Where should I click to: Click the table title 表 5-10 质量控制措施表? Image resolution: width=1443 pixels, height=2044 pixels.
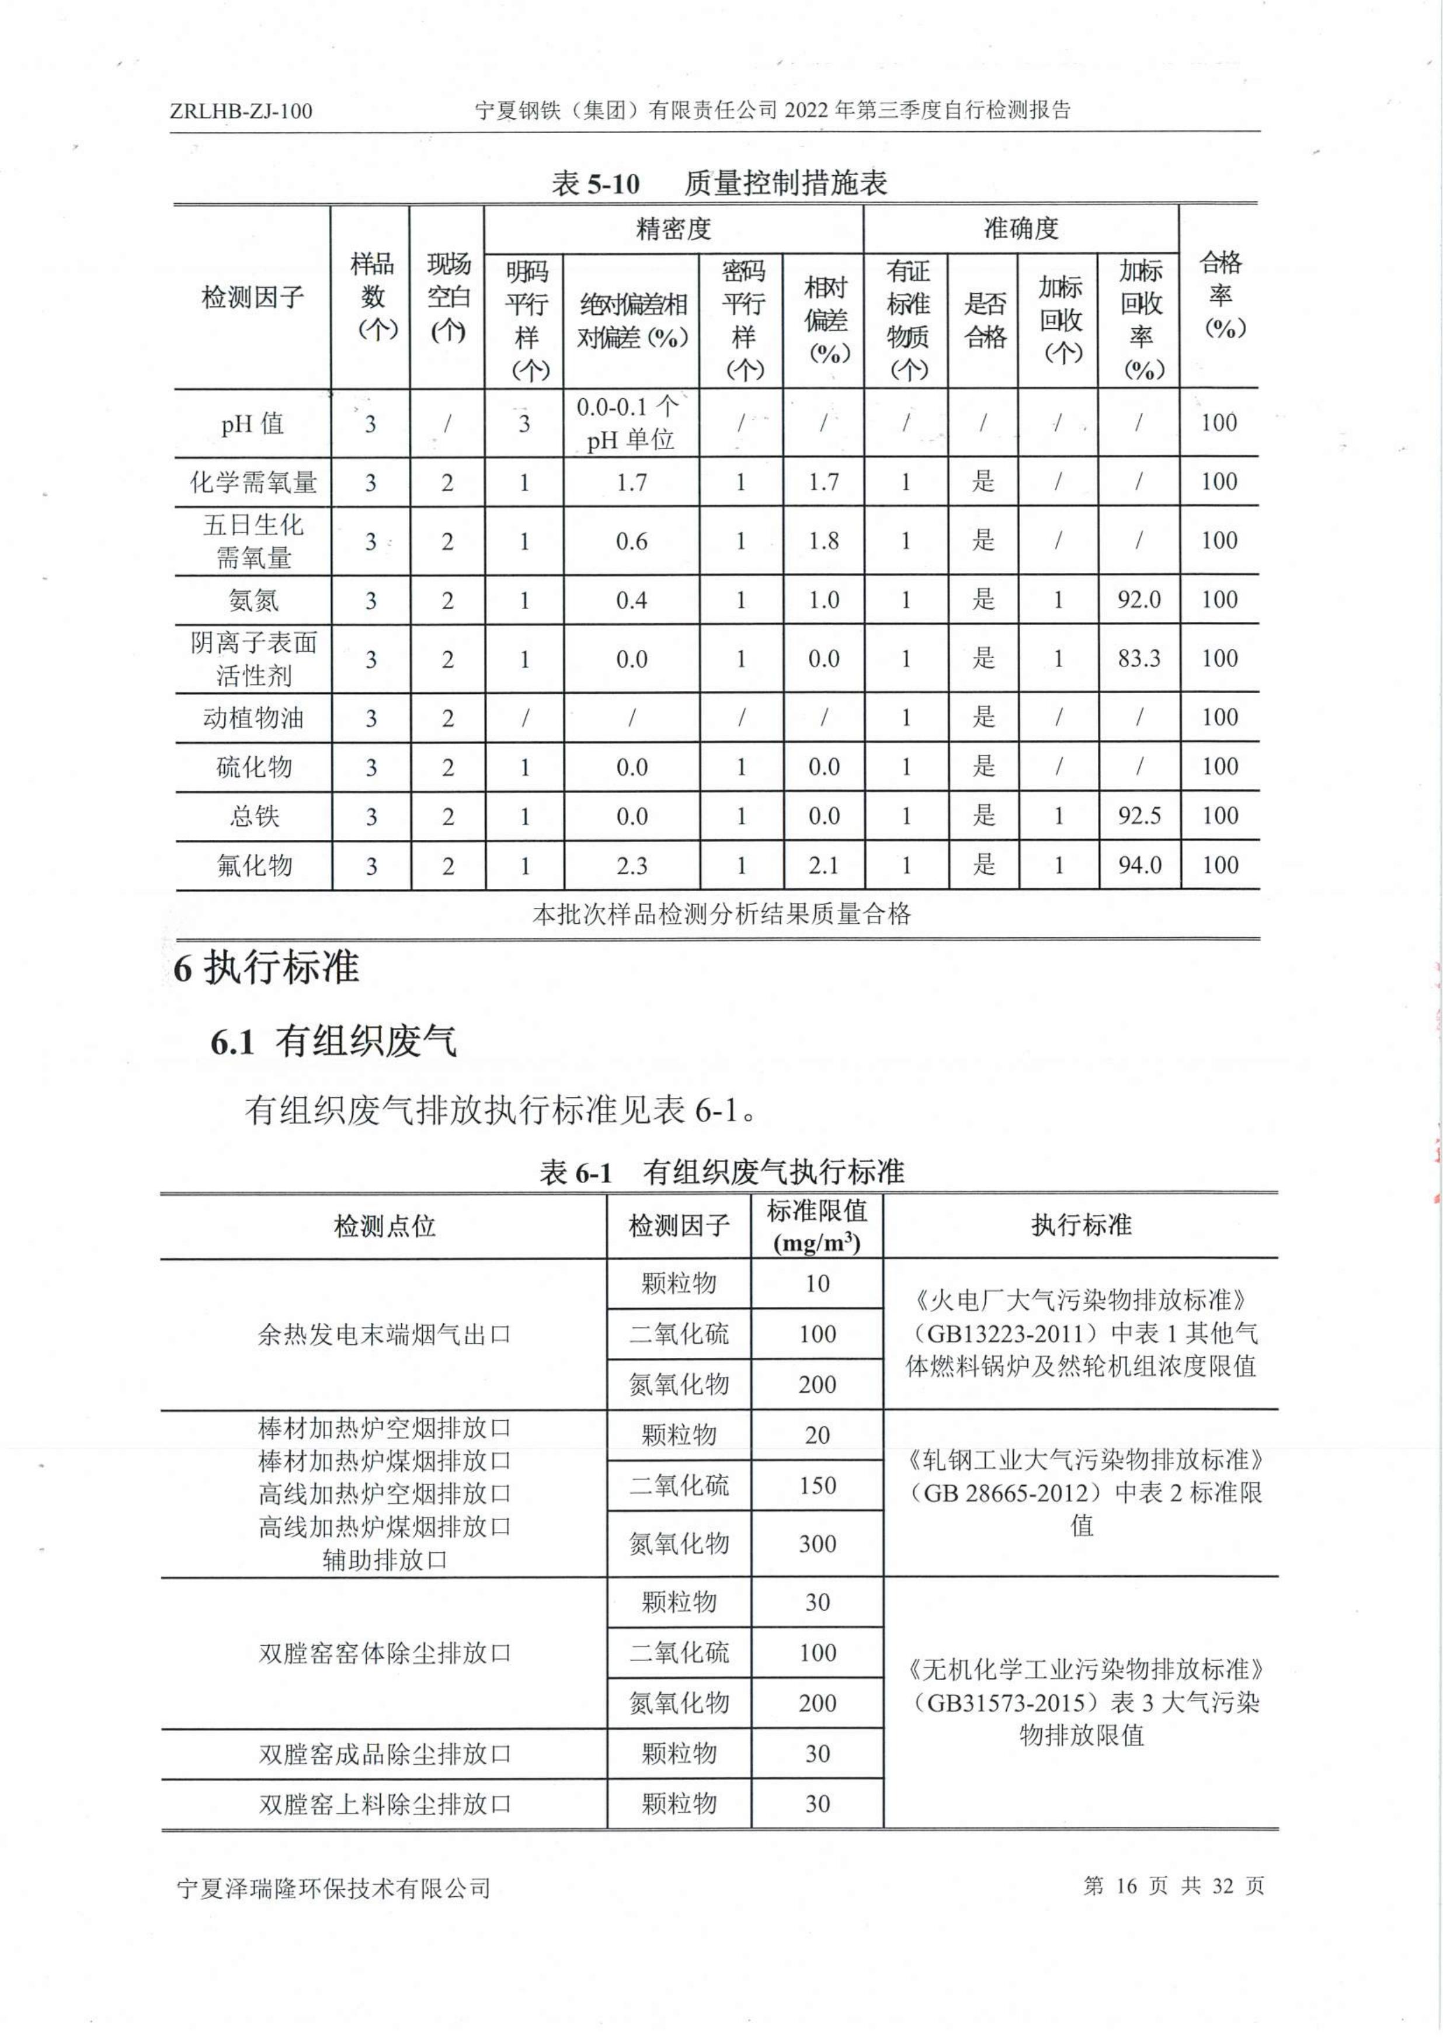pyautogui.click(x=719, y=183)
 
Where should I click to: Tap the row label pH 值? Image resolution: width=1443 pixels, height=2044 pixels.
pyautogui.click(x=253, y=424)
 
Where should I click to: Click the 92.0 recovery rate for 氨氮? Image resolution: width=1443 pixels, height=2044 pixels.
pyautogui.click(x=1139, y=600)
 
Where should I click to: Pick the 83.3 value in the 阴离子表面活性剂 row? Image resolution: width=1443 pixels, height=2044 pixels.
pyautogui.click(x=1139, y=659)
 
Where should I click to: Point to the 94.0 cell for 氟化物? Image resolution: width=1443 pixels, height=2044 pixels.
pyautogui.click(x=1139, y=865)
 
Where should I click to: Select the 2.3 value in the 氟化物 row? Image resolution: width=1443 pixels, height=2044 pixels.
pyautogui.click(x=631, y=865)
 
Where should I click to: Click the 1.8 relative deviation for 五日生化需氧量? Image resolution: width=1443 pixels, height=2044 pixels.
pyautogui.click(x=823, y=541)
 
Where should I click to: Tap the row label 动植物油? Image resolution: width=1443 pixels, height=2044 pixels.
pyautogui.click(x=253, y=718)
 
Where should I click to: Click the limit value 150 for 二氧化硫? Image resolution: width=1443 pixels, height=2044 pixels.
pyautogui.click(x=816, y=1485)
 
